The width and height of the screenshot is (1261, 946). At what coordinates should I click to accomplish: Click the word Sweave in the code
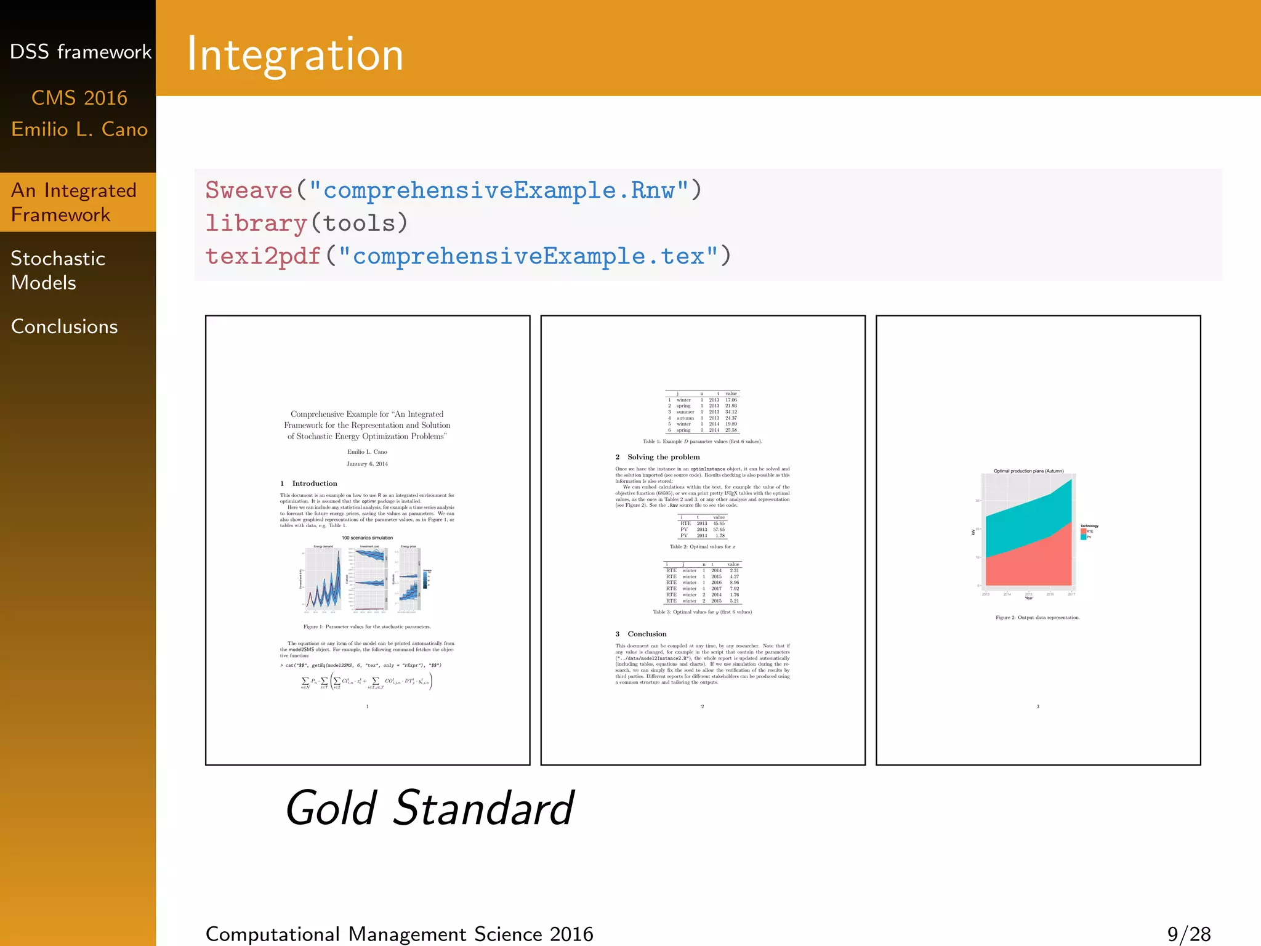click(x=249, y=190)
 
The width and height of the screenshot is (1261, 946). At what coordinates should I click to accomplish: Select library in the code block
click(x=256, y=223)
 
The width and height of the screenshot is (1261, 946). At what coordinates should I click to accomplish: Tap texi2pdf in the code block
click(x=263, y=256)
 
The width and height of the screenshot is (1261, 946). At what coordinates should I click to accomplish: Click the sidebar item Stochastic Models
click(x=58, y=270)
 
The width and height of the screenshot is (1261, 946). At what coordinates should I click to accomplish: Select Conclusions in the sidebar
click(x=64, y=326)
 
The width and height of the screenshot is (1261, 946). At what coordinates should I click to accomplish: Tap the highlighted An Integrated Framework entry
click(x=73, y=202)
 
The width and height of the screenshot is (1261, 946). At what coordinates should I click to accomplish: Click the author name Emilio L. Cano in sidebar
click(x=79, y=129)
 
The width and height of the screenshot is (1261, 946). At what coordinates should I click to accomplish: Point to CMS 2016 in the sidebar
click(x=79, y=98)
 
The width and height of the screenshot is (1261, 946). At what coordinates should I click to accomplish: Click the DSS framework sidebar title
click(x=80, y=52)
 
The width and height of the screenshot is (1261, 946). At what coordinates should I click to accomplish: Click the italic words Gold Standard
click(x=429, y=808)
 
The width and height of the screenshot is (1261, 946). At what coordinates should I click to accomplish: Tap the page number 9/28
click(x=1188, y=934)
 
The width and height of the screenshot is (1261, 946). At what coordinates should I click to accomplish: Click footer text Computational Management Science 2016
click(x=399, y=934)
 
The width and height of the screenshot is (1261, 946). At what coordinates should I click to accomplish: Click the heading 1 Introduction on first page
click(x=308, y=483)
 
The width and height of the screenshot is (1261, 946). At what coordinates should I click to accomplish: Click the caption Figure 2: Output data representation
click(x=1037, y=617)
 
